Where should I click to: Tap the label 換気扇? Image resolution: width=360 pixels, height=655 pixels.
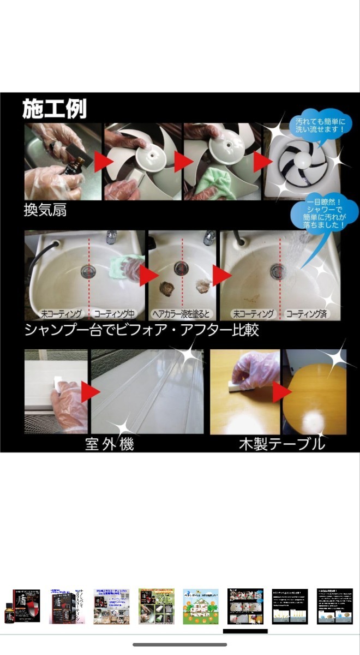pos(45,210)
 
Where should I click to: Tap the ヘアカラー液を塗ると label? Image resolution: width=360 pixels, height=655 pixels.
pos(182,314)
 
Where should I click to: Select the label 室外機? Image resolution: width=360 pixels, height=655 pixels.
pos(109,444)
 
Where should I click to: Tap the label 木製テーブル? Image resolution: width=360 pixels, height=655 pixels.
pos(282,444)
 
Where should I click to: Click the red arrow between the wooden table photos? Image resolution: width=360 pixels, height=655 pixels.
pos(281,392)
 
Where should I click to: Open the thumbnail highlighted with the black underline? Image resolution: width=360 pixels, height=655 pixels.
pos(245,606)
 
